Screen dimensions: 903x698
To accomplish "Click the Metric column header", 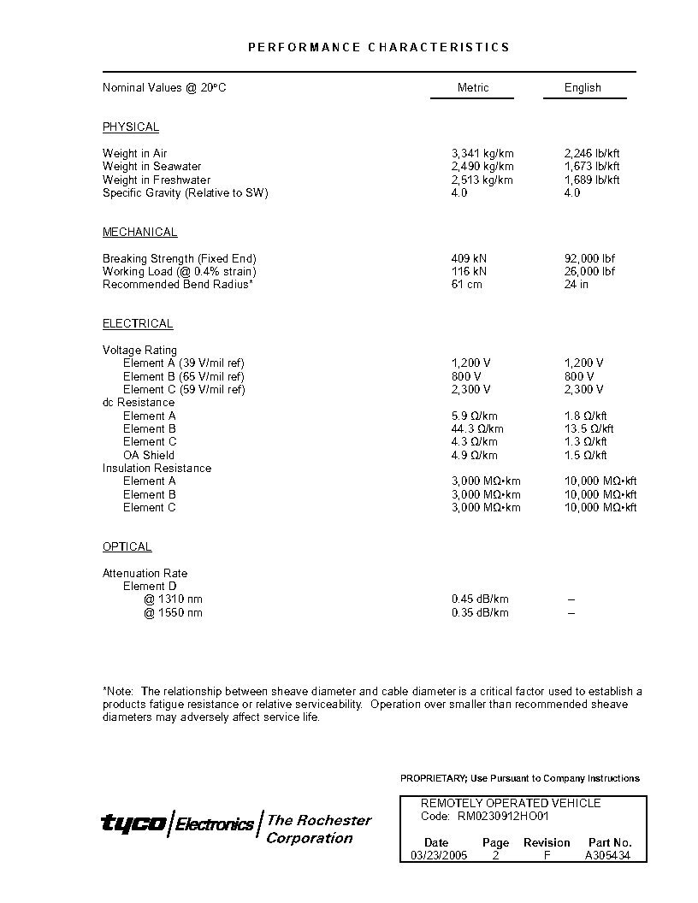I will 472,87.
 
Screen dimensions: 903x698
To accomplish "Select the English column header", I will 583,87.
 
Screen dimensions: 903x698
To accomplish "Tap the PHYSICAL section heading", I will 131,127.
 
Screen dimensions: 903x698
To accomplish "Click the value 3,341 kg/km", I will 482,153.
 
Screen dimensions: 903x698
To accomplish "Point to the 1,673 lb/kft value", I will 592,166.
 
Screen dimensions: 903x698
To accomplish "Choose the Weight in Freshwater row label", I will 157,180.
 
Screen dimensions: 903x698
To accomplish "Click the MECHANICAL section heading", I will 140,232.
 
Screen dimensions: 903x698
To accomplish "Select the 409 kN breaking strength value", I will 469,258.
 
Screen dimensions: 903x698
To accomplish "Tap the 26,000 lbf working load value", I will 589,271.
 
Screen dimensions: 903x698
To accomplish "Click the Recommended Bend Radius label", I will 178,284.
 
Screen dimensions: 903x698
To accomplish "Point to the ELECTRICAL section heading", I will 138,323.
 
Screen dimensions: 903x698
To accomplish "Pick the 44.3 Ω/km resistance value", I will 477,428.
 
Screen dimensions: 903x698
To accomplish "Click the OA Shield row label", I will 149,455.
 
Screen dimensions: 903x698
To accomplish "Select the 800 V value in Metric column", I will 466,376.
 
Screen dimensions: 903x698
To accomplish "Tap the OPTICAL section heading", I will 127,546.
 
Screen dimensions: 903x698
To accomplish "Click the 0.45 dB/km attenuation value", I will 480,599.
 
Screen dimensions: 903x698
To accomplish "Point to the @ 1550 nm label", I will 174,612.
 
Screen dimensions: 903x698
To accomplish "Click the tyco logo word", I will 133,823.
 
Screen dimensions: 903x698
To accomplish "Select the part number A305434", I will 608,855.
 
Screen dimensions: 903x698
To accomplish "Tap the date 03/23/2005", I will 439,855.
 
